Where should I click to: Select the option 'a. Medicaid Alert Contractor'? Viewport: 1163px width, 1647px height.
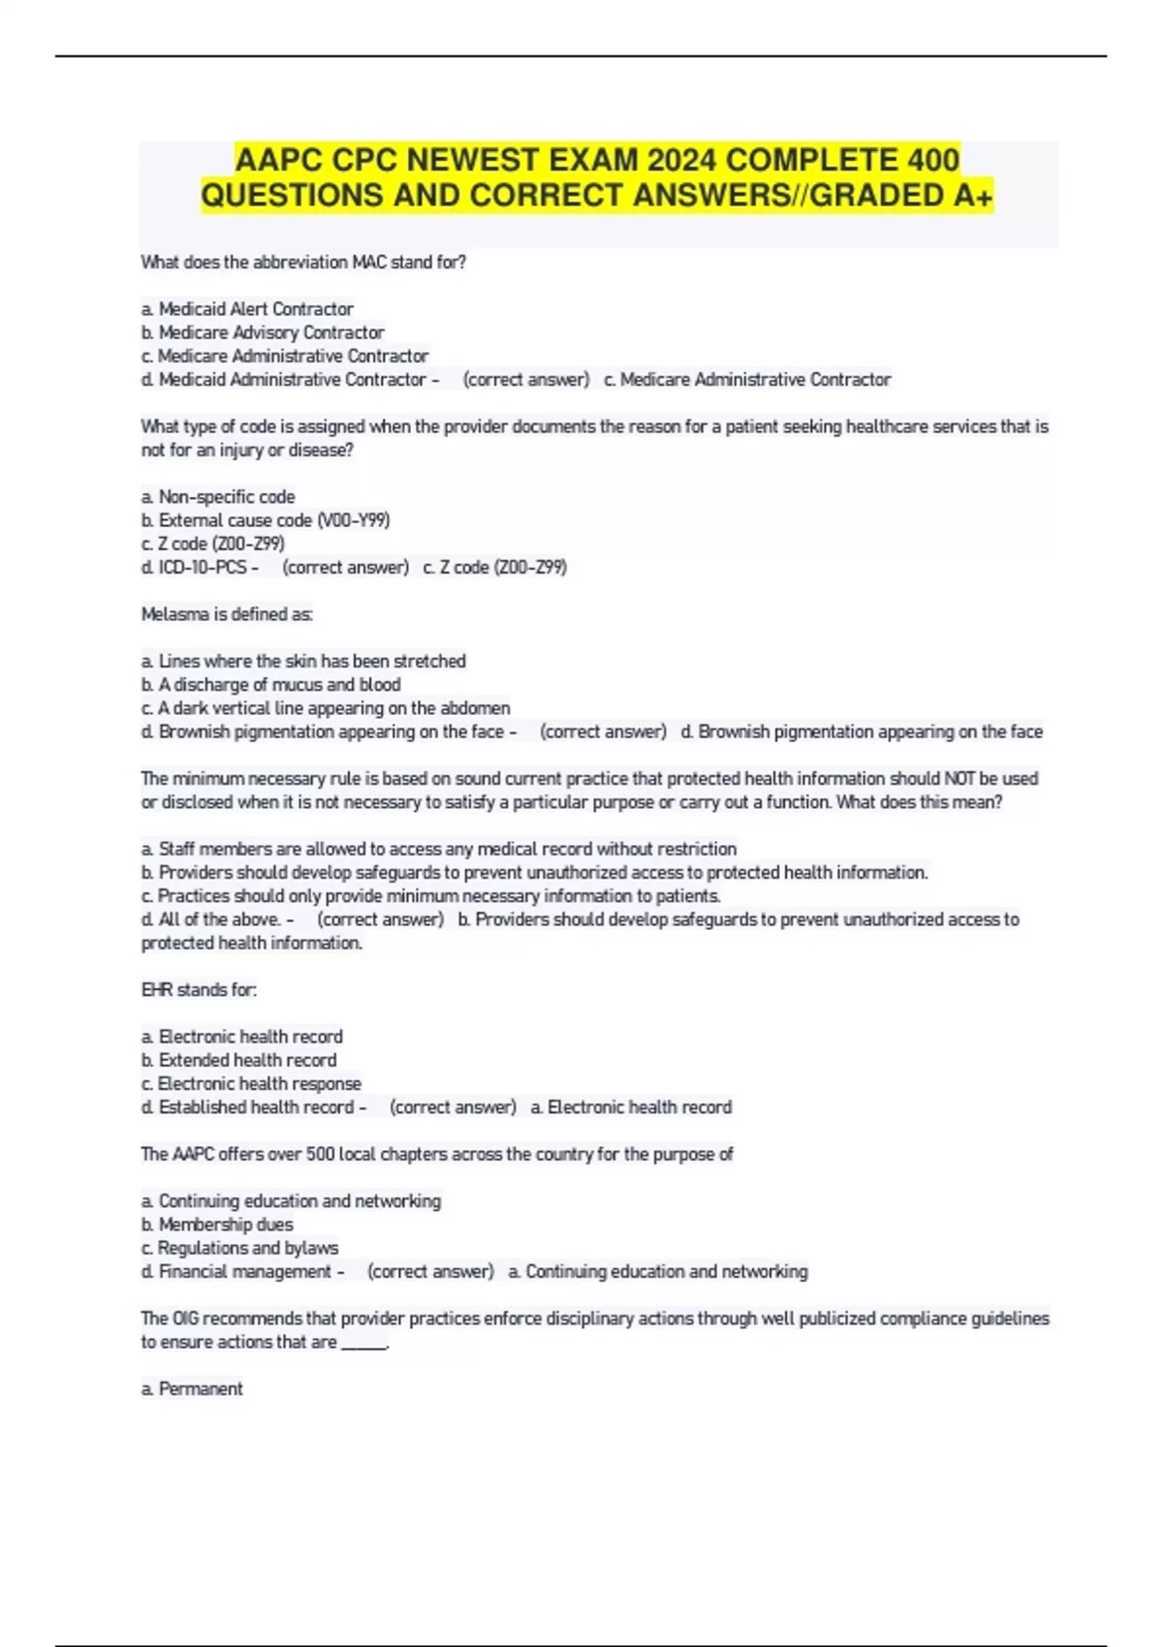pyautogui.click(x=247, y=309)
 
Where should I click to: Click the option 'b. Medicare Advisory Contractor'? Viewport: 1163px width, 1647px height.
pyautogui.click(x=263, y=332)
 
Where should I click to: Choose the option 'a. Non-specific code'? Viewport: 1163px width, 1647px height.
pyautogui.click(x=218, y=497)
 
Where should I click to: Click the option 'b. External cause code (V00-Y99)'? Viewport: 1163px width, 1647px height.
pyautogui.click(x=266, y=520)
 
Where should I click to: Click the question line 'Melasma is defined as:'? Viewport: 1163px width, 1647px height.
pyautogui.click(x=227, y=614)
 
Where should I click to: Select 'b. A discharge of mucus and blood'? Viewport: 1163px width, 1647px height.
pyautogui.click(x=270, y=684)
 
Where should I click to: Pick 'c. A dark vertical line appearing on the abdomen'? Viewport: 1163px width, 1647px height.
pyautogui.click(x=326, y=708)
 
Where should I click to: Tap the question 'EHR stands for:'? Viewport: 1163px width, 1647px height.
pyautogui.click(x=199, y=990)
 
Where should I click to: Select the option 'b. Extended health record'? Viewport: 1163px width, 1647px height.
pyautogui.click(x=239, y=1060)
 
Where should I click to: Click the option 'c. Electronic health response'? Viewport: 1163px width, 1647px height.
pyautogui.click(x=251, y=1083)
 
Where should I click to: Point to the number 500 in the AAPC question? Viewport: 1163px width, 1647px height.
pyautogui.click(x=320, y=1154)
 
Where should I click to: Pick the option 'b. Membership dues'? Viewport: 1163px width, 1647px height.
pyautogui.click(x=217, y=1225)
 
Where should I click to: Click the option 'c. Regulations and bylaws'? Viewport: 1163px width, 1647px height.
pyautogui.click(x=239, y=1248)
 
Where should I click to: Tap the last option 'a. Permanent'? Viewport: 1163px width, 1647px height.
pyautogui.click(x=192, y=1388)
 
